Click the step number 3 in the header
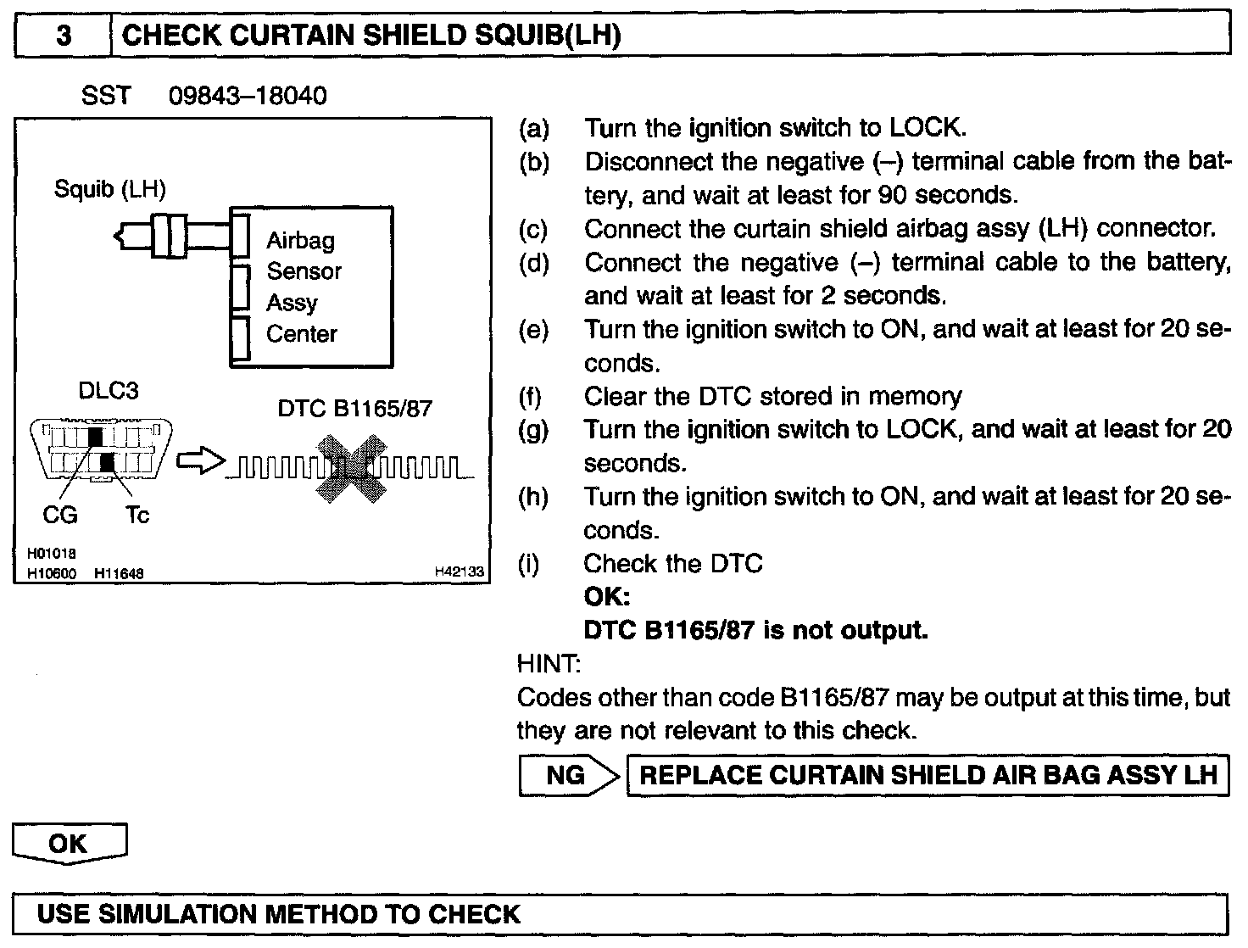[x=64, y=36]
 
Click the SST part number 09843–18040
[x=247, y=95]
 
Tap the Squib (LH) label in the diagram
[x=109, y=188]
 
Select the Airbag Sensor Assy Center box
[x=311, y=287]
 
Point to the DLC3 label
[x=108, y=391]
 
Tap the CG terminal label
[x=59, y=514]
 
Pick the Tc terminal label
[x=136, y=514]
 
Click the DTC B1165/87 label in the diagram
[x=354, y=409]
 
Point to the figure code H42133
[x=459, y=572]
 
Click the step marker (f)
[x=530, y=396]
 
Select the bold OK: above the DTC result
[x=607, y=597]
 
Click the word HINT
[x=548, y=663]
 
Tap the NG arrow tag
[x=567, y=775]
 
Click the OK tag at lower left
[x=68, y=843]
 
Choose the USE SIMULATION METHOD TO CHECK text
[x=279, y=914]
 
